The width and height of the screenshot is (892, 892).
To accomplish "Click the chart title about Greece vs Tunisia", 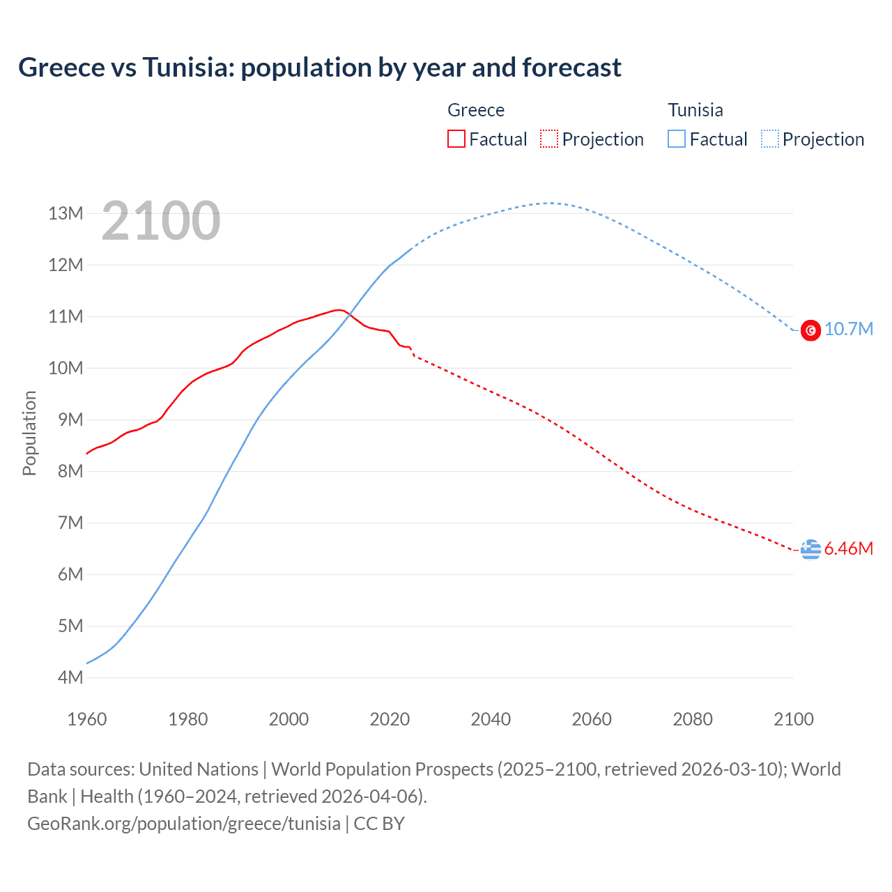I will [x=320, y=68].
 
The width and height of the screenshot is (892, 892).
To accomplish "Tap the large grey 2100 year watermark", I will [x=161, y=221].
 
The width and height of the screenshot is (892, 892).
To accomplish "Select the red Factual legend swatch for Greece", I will [x=456, y=139].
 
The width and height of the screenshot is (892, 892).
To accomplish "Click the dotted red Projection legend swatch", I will [x=549, y=139].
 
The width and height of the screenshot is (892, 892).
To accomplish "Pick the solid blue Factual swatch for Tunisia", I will [x=677, y=139].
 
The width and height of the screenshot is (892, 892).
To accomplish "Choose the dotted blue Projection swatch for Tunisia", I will [x=770, y=139].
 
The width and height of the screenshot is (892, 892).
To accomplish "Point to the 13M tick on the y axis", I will [x=66, y=213].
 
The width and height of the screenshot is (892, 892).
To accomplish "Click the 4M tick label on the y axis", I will [x=70, y=677].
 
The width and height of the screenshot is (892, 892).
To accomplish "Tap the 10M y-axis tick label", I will [x=66, y=368].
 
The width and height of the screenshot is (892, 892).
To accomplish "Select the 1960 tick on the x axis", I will [x=87, y=719].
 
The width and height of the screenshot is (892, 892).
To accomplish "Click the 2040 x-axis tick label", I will [x=491, y=719].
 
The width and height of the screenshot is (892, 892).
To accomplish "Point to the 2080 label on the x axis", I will [x=693, y=719].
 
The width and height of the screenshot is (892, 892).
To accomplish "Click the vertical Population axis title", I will [x=29, y=433].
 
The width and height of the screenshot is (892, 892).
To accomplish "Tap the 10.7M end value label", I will [x=848, y=329].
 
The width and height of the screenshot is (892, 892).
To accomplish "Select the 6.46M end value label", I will [x=848, y=548].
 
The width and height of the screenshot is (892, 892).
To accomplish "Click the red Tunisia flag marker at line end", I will [x=810, y=330].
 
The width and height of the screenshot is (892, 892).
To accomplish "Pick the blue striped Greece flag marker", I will [x=810, y=549].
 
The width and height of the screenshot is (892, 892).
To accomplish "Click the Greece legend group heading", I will [x=476, y=110].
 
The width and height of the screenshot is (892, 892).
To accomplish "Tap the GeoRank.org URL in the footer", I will [x=184, y=823].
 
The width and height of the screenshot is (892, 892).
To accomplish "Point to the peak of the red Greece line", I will [x=338, y=309].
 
